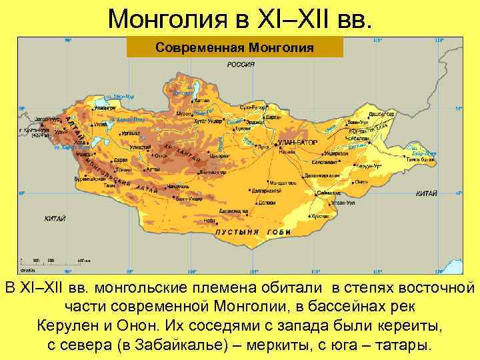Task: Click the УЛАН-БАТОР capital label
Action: click(x=297, y=142)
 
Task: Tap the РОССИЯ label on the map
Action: click(x=241, y=65)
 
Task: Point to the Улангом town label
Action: click(x=104, y=107)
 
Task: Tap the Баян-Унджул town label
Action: click(x=189, y=198)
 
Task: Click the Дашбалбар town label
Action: click(x=381, y=114)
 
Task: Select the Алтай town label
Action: click(x=153, y=169)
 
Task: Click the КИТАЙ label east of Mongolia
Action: click(x=426, y=193)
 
